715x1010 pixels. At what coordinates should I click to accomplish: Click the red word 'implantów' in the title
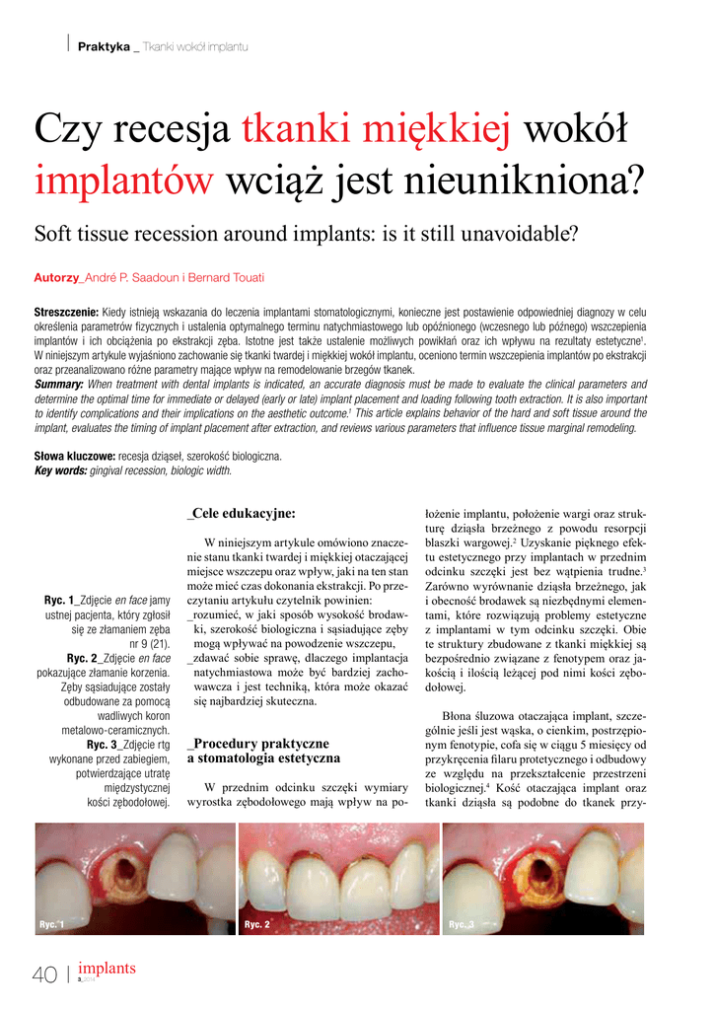point(124,180)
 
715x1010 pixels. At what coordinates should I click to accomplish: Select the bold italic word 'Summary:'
point(59,383)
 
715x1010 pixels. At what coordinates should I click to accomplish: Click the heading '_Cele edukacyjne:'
point(241,513)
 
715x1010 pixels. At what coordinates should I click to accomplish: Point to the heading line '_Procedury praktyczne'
point(256,743)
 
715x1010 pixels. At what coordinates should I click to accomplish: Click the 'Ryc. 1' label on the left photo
point(51,924)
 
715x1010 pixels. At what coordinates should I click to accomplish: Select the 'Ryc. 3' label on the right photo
point(462,924)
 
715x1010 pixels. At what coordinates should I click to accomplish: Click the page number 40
point(44,975)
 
